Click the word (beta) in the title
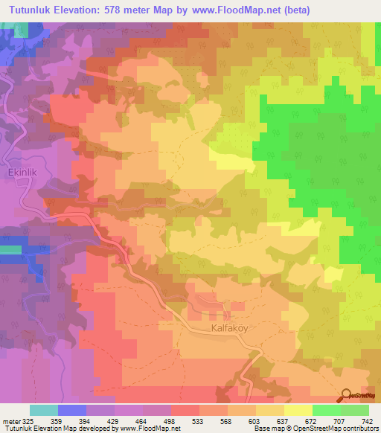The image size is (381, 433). [x=292, y=10]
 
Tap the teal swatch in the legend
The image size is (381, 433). [x=44, y=409]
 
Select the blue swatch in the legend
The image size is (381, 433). [x=72, y=409]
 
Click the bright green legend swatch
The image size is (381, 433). [x=326, y=409]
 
